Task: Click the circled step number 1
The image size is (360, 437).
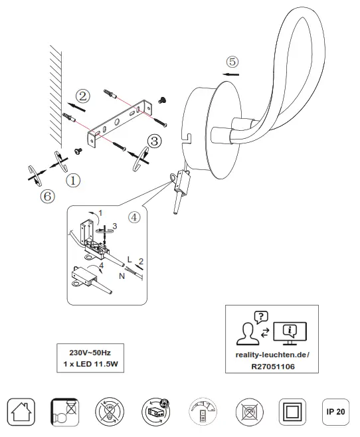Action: [73, 180]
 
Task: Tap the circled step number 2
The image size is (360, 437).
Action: [82, 96]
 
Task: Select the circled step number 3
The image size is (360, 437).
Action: [154, 141]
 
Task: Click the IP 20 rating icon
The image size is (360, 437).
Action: [335, 412]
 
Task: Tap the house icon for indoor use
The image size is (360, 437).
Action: [20, 413]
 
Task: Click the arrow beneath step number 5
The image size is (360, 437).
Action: [231, 75]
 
